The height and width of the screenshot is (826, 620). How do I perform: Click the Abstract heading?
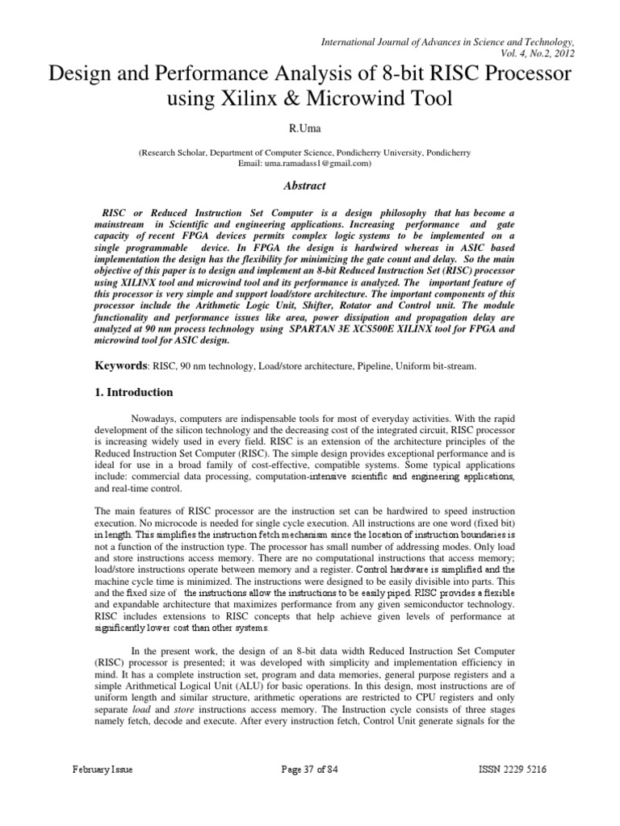tap(309, 185)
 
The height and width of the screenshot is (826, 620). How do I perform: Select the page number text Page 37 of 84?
tap(309, 770)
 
